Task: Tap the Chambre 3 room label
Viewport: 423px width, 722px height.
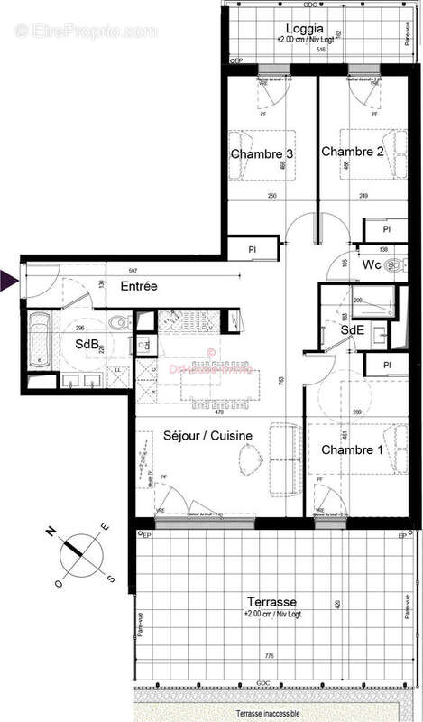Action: click(262, 154)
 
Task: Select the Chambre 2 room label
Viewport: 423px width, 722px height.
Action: click(353, 152)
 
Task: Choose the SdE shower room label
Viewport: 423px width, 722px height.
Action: click(351, 331)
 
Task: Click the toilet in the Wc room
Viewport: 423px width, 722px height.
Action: click(393, 264)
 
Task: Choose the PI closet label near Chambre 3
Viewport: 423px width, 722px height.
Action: click(253, 248)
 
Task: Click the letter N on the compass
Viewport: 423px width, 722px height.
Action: click(52, 530)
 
